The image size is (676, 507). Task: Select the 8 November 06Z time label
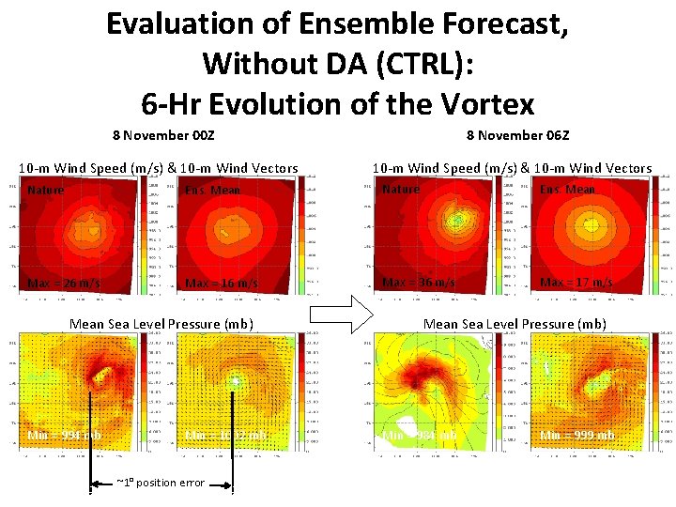[517, 135]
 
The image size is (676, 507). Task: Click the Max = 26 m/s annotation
[65, 284]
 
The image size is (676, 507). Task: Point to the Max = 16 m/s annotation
[223, 284]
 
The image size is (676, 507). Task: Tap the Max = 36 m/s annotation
[419, 283]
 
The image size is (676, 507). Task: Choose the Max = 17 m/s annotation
[576, 283]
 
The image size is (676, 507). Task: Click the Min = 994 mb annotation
[64, 436]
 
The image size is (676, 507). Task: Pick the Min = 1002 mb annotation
[226, 436]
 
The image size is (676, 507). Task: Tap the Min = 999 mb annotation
[577, 436]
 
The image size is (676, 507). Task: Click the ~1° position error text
[160, 483]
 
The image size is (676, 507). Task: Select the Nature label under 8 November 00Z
[46, 191]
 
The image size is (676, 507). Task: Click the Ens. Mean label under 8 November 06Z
[567, 190]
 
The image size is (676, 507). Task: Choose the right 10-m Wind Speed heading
[512, 168]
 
